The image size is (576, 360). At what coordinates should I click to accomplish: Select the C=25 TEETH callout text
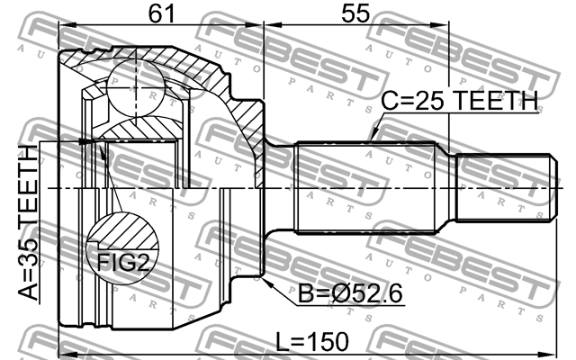pos(459,101)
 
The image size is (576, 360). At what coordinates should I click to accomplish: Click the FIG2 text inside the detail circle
pos(121,263)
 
